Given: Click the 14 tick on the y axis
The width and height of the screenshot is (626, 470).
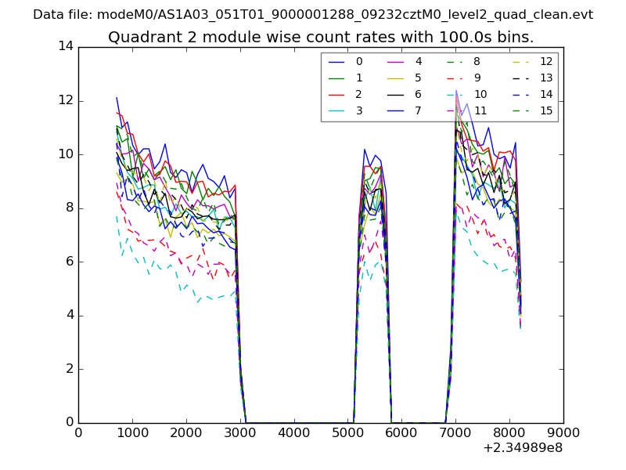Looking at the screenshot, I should [66, 46].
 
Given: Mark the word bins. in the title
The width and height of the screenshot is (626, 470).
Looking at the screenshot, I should [517, 37].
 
